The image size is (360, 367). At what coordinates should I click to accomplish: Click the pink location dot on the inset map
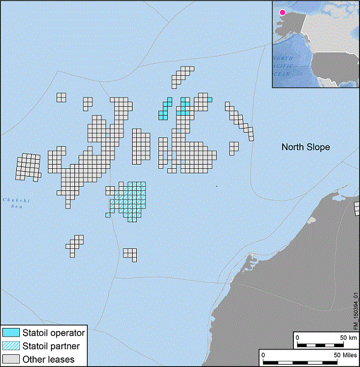coord(282,11)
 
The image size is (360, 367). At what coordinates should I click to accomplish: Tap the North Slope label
coord(306,147)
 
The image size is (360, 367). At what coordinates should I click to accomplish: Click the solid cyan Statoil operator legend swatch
coord(11,333)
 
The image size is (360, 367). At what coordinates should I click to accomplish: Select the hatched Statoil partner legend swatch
coord(11,346)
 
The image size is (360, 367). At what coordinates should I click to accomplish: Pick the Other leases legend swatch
coord(11,359)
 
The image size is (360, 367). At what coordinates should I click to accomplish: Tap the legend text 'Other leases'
coord(48,359)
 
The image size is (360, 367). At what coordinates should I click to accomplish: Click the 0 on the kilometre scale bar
coord(298,337)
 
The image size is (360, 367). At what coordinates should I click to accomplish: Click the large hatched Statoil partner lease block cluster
coord(131,199)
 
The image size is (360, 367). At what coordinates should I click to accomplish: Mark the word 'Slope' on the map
coord(318,147)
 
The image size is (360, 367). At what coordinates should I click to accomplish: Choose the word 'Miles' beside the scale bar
coord(345,356)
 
